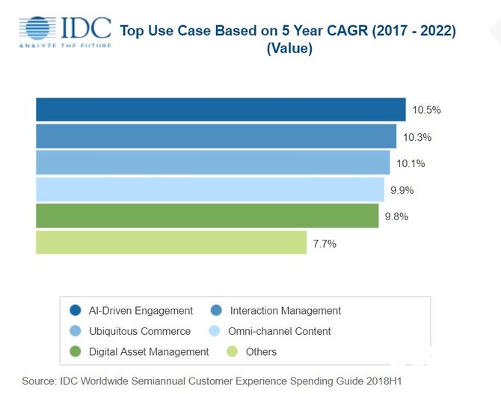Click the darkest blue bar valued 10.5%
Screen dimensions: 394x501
click(221, 109)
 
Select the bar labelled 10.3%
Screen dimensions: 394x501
click(216, 136)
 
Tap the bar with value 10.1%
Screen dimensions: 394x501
click(213, 163)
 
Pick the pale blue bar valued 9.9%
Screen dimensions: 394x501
click(210, 189)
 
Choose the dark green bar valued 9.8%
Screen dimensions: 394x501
click(207, 216)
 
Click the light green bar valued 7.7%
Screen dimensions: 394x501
click(171, 242)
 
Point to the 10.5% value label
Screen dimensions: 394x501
click(426, 110)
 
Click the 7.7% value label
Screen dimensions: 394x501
click(325, 243)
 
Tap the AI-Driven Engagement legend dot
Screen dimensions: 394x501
click(75, 311)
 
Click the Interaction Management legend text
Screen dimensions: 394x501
click(286, 311)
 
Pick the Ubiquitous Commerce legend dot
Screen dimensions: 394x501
click(75, 331)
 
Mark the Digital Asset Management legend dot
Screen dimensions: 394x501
click(75, 351)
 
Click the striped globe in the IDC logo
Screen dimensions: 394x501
click(37, 28)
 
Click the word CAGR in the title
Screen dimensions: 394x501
click(330, 31)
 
